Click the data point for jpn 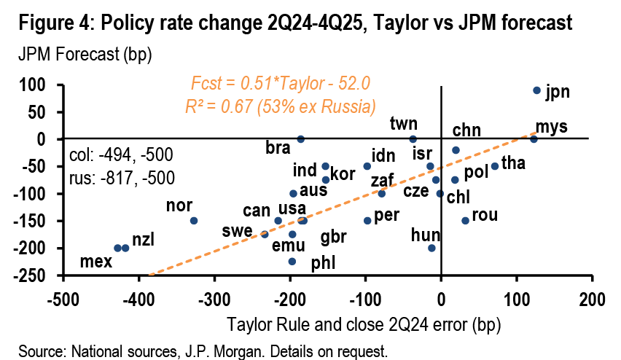[536, 90]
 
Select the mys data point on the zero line [534, 138]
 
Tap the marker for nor [194, 220]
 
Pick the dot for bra [300, 138]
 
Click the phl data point [292, 261]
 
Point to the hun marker [431, 248]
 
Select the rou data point [465, 220]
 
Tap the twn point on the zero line [413, 138]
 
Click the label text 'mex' [95, 261]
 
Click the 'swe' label [238, 232]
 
